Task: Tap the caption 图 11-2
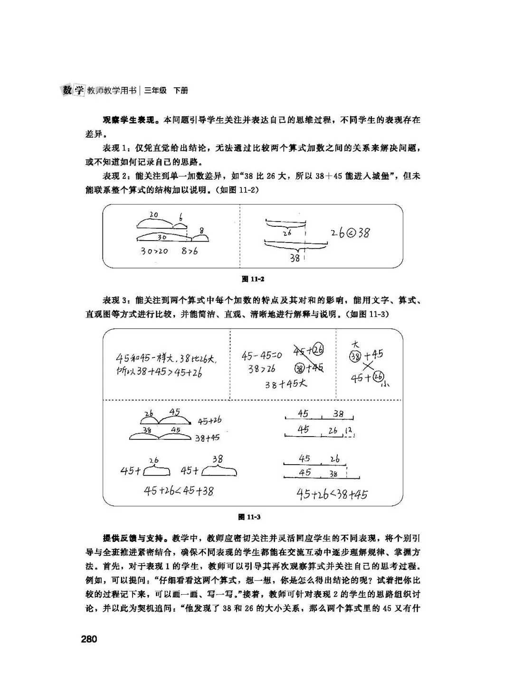coord(253,279)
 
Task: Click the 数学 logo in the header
coord(73,90)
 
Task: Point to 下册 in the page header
coord(180,90)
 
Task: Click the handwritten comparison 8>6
coord(189,251)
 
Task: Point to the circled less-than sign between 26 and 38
coord(350,233)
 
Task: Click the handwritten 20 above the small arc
coord(153,214)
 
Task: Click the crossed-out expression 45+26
coord(309,351)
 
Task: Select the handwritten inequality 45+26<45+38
coord(179,491)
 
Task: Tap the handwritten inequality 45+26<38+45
coord(332,494)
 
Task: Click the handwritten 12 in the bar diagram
coord(349,430)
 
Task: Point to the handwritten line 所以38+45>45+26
coord(159,373)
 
